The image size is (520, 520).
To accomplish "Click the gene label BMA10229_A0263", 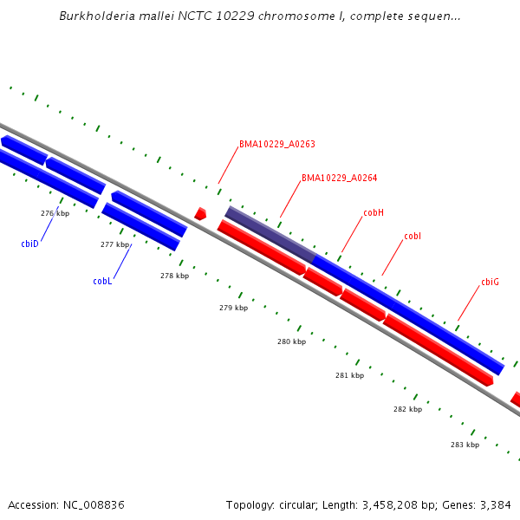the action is pyautogui.click(x=276, y=145).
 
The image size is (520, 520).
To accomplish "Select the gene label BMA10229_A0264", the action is pyautogui.click(x=339, y=178).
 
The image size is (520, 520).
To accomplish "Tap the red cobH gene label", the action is pyautogui.click(x=374, y=212).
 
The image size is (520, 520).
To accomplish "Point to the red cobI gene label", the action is pyautogui.click(x=413, y=237).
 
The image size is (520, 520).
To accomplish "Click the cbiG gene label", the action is pyautogui.click(x=491, y=282).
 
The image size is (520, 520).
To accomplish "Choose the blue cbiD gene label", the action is pyautogui.click(x=29, y=244).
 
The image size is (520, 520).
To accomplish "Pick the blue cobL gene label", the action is pyautogui.click(x=102, y=281).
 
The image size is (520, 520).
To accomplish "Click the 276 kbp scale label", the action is pyautogui.click(x=55, y=213).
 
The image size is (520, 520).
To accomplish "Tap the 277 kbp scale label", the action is pyautogui.click(x=114, y=244).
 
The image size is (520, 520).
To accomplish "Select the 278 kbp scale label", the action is pyautogui.click(x=174, y=276).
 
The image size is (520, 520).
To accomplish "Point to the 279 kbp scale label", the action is pyautogui.click(x=233, y=308).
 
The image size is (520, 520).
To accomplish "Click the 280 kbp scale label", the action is pyautogui.click(x=291, y=341).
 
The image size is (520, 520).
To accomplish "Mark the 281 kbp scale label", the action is pyautogui.click(x=349, y=375).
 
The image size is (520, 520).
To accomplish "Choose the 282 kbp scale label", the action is pyautogui.click(x=407, y=409).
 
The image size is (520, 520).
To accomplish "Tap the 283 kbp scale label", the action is pyautogui.click(x=465, y=445).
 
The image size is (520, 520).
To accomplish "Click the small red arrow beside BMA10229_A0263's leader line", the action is pyautogui.click(x=200, y=213).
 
